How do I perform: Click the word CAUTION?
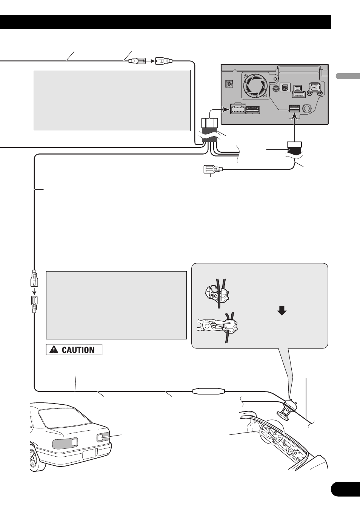click(x=78, y=350)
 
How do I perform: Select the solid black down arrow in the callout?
click(x=282, y=310)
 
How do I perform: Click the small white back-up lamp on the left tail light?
click(x=74, y=442)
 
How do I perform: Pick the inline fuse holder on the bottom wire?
click(x=209, y=391)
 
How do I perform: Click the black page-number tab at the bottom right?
click(x=345, y=490)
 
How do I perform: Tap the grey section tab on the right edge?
click(x=348, y=76)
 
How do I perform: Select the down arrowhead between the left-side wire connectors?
click(x=34, y=291)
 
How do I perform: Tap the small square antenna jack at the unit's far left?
click(x=229, y=84)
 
